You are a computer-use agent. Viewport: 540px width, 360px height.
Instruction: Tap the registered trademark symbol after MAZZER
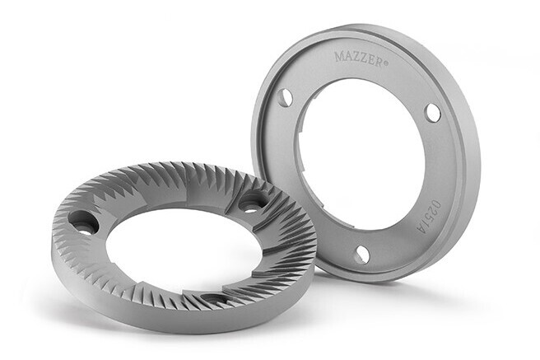[386, 63]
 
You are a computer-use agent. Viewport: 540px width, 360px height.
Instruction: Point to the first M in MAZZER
[339, 56]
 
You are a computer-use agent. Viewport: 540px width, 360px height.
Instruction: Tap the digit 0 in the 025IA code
[435, 205]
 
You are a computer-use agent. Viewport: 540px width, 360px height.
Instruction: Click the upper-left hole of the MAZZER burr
[285, 97]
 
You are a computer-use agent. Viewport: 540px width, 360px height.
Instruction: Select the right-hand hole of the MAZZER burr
[432, 112]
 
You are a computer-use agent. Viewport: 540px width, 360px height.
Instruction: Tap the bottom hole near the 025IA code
[361, 255]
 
